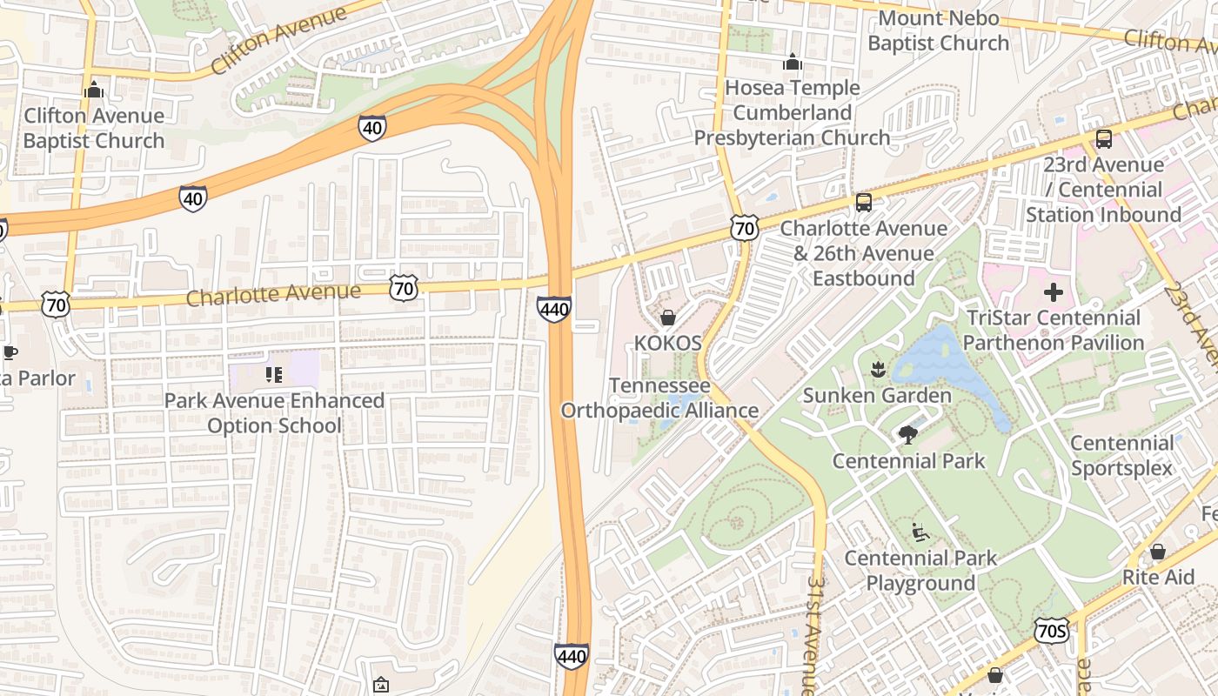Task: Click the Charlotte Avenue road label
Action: pos(273,294)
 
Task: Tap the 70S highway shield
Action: pos(1052,631)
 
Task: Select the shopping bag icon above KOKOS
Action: pos(668,318)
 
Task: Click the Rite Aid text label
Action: pos(1158,577)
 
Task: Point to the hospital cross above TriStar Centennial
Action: pos(1054,292)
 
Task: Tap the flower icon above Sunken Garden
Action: pos(877,370)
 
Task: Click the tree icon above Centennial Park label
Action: pos(908,435)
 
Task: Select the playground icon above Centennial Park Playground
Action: pos(920,532)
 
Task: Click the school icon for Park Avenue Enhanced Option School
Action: pos(274,375)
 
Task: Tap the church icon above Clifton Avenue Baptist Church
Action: pos(94,90)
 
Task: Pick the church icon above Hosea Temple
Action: pos(792,63)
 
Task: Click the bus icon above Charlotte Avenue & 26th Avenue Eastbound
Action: pos(863,203)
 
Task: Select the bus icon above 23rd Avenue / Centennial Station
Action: pos(1103,139)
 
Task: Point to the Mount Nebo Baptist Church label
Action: pos(938,30)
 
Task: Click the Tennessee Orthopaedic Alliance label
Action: pos(659,398)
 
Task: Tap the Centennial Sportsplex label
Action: pos(1121,455)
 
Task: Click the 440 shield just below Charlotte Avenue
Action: pos(554,309)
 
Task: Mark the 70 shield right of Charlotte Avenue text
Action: pos(404,288)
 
